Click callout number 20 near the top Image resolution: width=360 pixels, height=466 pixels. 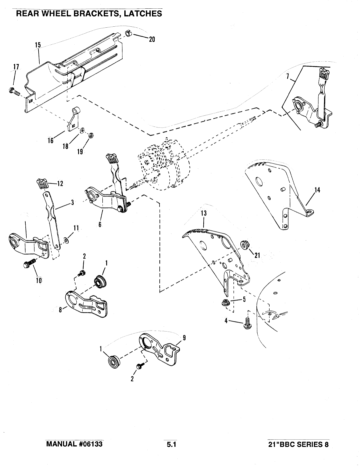[x=152, y=39]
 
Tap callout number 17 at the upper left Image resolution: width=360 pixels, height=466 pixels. [x=16, y=67]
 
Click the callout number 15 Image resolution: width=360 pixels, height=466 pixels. [x=38, y=45]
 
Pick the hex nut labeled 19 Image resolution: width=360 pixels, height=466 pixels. [x=91, y=135]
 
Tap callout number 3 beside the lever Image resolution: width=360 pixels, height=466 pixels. [x=73, y=202]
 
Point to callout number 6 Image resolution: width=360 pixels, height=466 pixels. [x=100, y=224]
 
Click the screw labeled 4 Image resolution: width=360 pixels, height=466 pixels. [x=247, y=326]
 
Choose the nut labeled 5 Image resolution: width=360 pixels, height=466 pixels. [x=225, y=303]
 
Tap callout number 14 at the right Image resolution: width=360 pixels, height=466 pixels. [x=317, y=190]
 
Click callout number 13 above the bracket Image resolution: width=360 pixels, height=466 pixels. [x=204, y=213]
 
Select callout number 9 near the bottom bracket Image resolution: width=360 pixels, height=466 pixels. [x=184, y=338]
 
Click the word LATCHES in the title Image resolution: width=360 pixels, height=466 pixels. [x=142, y=14]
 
